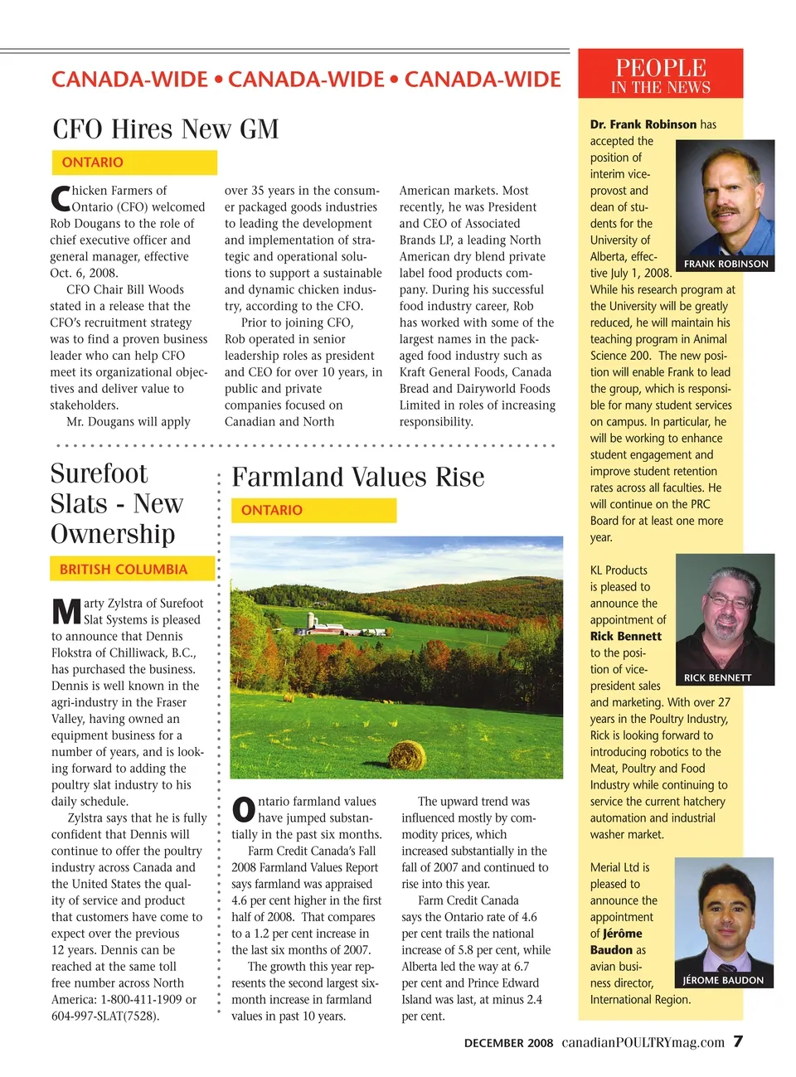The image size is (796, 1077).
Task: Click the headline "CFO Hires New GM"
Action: pyautogui.click(x=166, y=129)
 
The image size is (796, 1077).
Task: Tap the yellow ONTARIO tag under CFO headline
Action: pyautogui.click(x=92, y=163)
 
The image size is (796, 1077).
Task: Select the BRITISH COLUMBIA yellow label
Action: pyautogui.click(x=124, y=570)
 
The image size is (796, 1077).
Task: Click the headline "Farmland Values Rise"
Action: pyautogui.click(x=358, y=478)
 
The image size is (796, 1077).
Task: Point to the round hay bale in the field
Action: pyautogui.click(x=407, y=754)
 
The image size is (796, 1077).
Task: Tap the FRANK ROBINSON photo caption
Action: pyautogui.click(x=726, y=264)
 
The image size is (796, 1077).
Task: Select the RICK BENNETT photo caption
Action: pyautogui.click(x=717, y=677)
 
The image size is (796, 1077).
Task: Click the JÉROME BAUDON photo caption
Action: pyautogui.click(x=723, y=980)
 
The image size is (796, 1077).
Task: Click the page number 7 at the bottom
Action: pyautogui.click(x=738, y=1041)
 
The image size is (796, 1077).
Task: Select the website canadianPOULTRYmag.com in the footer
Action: pyautogui.click(x=643, y=1042)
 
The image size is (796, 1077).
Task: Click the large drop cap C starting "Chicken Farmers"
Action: pyautogui.click(x=60, y=199)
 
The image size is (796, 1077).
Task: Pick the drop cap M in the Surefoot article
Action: pyautogui.click(x=66, y=612)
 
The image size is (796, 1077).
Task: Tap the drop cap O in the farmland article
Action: pyautogui.click(x=244, y=810)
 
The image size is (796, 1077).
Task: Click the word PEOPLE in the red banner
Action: pyautogui.click(x=661, y=68)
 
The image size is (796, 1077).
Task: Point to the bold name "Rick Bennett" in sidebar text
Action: pyautogui.click(x=626, y=637)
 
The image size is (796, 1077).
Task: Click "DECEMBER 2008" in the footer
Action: pyautogui.click(x=508, y=1043)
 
